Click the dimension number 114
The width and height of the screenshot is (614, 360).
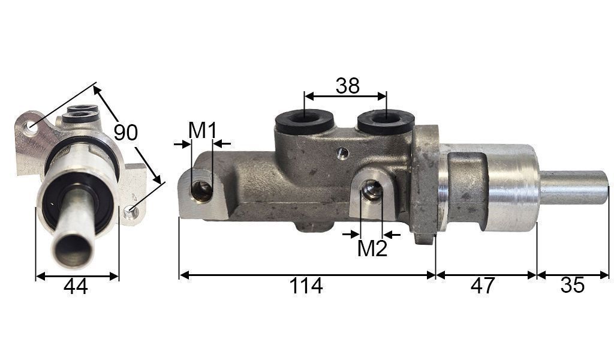point(306,286)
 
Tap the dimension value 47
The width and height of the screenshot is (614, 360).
point(483,286)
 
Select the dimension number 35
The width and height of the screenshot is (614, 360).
point(572,286)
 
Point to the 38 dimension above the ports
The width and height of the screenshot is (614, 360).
point(347,86)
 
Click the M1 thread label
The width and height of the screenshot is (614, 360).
point(202,130)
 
